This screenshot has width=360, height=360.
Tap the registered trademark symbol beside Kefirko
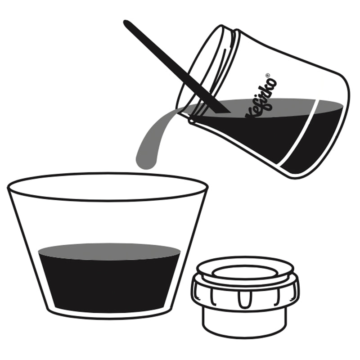tap(267, 75)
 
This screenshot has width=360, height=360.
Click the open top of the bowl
tap(108, 187)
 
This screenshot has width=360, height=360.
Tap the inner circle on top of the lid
tap(245, 272)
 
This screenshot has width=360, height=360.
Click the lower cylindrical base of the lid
tap(245, 322)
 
